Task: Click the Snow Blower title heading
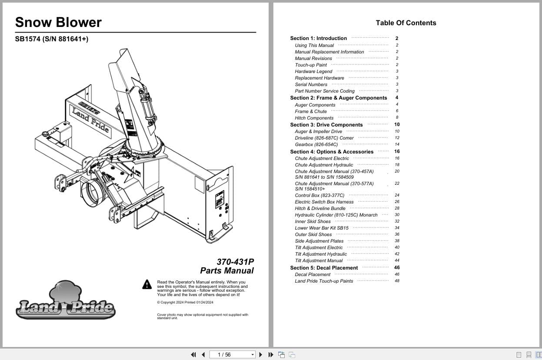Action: pyautogui.click(x=58, y=23)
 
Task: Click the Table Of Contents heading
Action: pyautogui.click(x=406, y=23)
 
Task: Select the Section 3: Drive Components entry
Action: pyautogui.click(x=326, y=125)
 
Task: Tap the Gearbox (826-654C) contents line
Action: pyautogui.click(x=316, y=144)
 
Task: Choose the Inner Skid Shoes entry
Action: pyautogui.click(x=313, y=221)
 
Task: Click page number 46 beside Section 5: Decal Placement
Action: pyautogui.click(x=397, y=268)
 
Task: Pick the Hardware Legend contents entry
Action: pyautogui.click(x=313, y=71)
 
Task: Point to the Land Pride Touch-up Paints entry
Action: pyautogui.click(x=324, y=281)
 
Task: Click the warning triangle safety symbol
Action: pyautogui.click(x=147, y=284)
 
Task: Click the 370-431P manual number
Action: pyautogui.click(x=235, y=262)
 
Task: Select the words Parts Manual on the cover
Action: pyautogui.click(x=226, y=271)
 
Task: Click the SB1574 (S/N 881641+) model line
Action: pyautogui.click(x=51, y=39)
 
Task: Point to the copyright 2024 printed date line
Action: pyautogui.click(x=185, y=303)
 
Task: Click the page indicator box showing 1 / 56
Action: pyautogui.click(x=232, y=355)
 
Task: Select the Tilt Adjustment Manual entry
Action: pyautogui.click(x=319, y=260)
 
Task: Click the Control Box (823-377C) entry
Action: pyautogui.click(x=319, y=195)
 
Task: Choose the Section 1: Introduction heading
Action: pyautogui.click(x=318, y=38)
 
